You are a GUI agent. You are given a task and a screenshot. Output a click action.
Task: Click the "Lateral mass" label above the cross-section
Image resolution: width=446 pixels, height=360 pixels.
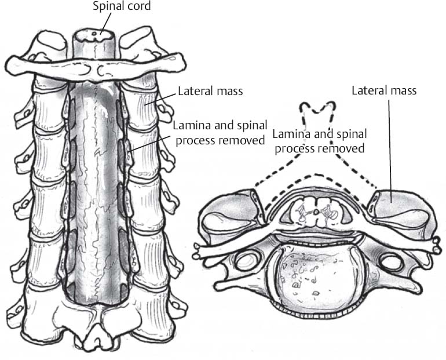(384, 90)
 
